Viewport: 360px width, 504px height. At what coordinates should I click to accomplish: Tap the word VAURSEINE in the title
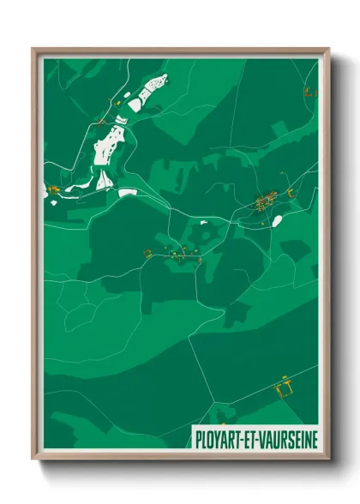pyautogui.click(x=285, y=435)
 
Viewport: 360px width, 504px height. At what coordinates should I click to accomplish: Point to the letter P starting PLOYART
pyautogui.click(x=200, y=435)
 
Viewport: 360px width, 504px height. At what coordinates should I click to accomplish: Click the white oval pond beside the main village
pyautogui.click(x=276, y=220)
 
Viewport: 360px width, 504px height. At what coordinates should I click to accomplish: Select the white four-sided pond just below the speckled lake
pyautogui.click(x=135, y=105)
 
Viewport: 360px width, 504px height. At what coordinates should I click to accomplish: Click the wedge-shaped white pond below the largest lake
pyautogui.click(x=104, y=179)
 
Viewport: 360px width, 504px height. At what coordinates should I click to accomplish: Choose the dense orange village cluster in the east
pyautogui.click(x=263, y=202)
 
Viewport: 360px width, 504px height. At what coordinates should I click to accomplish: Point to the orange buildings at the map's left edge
pyautogui.click(x=52, y=189)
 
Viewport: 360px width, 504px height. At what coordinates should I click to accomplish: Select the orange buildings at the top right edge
pyautogui.click(x=310, y=89)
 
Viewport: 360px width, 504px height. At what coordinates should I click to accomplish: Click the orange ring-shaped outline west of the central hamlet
pyautogui.click(x=147, y=253)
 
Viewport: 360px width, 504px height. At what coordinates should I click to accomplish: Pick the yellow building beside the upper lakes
pyautogui.click(x=117, y=104)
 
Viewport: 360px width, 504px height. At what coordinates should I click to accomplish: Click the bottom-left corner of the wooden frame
pyautogui.click(x=35, y=458)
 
